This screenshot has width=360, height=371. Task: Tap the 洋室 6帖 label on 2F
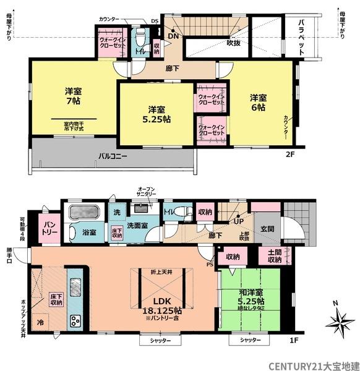pyautogui.click(x=258, y=103)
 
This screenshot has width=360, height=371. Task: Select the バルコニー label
pyautogui.click(x=112, y=156)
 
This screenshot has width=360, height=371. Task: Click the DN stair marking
pyautogui.click(x=174, y=36)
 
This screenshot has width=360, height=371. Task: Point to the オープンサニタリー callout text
pyautogui.click(x=147, y=191)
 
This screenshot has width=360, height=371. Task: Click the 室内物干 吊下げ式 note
pyautogui.click(x=74, y=126)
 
